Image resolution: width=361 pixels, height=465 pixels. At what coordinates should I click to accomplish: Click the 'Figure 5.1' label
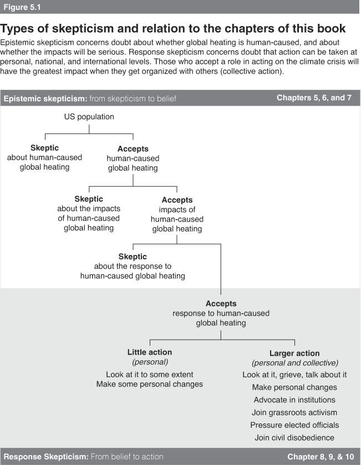click(22, 7)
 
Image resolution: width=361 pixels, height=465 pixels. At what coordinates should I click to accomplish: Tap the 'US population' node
click(89, 117)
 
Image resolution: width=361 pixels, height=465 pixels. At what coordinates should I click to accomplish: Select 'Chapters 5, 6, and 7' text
click(314, 98)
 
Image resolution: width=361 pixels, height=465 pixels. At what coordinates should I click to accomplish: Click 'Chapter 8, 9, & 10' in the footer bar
click(321, 457)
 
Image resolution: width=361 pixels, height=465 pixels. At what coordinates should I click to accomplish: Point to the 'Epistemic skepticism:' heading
click(45, 99)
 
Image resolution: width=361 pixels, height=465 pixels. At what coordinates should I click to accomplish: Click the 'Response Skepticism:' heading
click(46, 457)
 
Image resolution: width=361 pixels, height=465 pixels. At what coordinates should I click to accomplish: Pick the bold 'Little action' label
click(150, 352)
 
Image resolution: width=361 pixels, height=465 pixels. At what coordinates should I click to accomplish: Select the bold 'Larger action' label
click(294, 353)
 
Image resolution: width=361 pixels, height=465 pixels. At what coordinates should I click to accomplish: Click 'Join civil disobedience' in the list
click(294, 438)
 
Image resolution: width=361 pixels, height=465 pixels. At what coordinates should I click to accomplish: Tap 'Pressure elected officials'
click(294, 425)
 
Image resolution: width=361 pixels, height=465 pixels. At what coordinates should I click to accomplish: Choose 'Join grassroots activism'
click(294, 412)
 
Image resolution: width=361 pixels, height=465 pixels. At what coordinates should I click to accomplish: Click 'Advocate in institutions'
click(294, 400)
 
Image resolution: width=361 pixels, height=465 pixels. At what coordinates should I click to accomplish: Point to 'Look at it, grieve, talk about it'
click(294, 375)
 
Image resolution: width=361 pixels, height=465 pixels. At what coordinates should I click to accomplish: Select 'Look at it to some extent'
click(150, 375)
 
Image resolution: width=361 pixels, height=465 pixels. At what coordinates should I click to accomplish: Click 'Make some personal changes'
click(150, 384)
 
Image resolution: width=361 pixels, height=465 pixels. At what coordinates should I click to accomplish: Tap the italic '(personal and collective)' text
click(295, 363)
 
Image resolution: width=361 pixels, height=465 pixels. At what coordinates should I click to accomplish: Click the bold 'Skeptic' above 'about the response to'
click(133, 257)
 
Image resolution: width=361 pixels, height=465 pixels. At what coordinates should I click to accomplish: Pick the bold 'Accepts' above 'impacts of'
click(177, 200)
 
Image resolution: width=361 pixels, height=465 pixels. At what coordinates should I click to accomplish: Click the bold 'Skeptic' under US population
click(45, 147)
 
